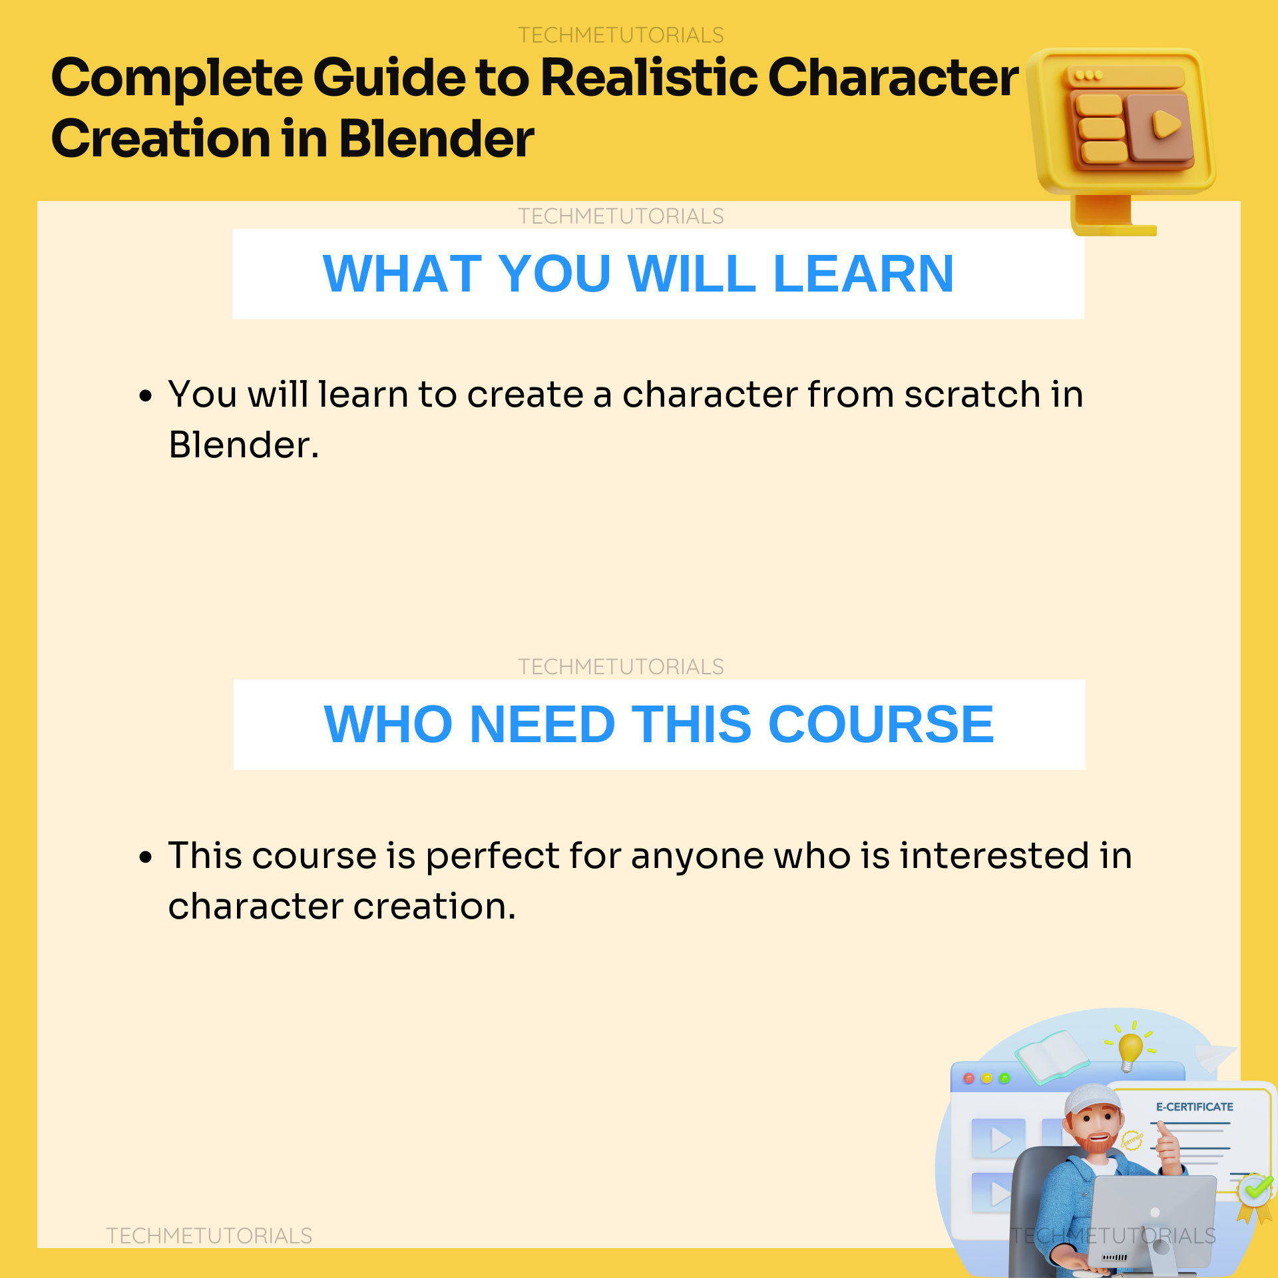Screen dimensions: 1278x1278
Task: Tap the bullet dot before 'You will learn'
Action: (145, 397)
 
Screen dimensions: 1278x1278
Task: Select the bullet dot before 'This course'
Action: (145, 857)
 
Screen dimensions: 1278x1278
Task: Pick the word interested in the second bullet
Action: (994, 856)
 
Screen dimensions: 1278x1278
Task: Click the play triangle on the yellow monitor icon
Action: (1166, 124)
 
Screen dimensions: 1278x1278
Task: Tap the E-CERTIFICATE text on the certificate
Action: (1194, 1107)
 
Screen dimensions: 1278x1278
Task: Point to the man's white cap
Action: (1092, 1100)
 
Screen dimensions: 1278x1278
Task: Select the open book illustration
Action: (1052, 1054)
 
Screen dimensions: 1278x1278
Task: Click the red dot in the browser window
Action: (968, 1078)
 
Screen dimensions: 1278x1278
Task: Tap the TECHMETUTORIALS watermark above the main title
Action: (620, 35)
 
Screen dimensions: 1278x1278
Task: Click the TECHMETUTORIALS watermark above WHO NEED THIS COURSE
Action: (620, 666)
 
